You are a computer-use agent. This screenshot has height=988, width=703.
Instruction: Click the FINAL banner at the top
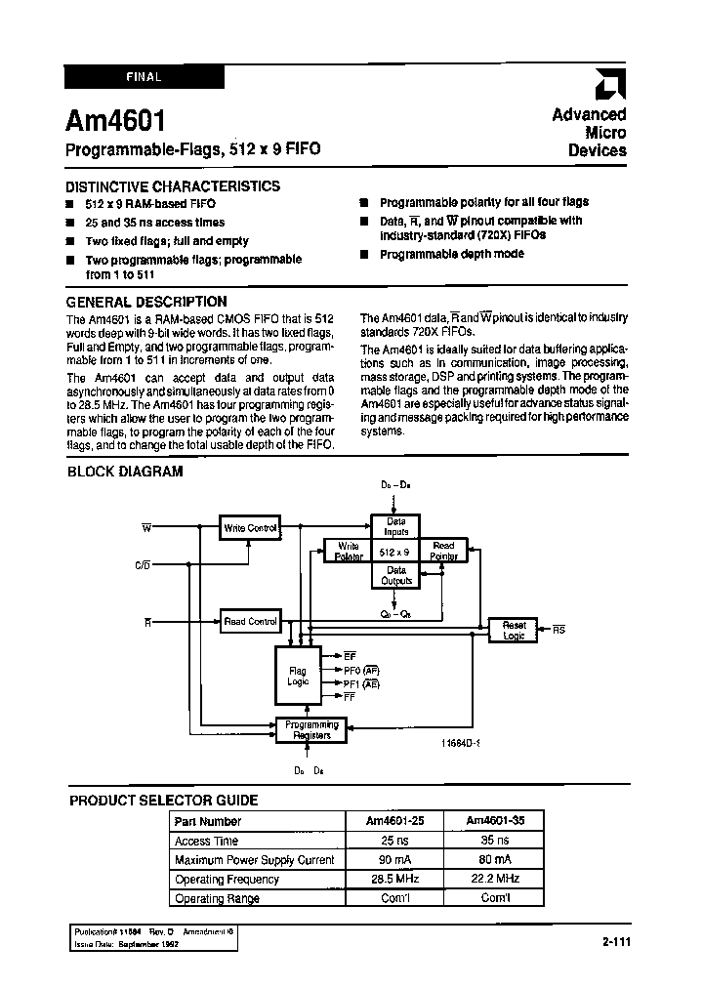click(x=145, y=76)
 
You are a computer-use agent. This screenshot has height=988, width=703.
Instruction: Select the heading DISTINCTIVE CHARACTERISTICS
click(x=173, y=185)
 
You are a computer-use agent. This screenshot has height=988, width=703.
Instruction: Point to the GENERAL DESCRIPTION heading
click(x=146, y=302)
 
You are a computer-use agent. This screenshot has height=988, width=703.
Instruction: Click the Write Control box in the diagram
click(x=251, y=528)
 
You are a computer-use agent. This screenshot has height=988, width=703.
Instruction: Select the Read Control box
click(x=250, y=621)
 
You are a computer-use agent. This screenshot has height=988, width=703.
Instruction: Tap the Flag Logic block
click(x=298, y=677)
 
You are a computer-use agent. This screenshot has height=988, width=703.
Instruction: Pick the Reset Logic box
click(x=514, y=630)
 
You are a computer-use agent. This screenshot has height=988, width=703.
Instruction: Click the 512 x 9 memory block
click(x=395, y=553)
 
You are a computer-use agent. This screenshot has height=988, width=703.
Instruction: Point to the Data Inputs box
click(x=395, y=528)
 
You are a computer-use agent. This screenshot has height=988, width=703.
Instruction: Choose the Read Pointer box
click(x=443, y=551)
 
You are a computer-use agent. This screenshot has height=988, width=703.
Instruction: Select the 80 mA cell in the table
click(x=497, y=860)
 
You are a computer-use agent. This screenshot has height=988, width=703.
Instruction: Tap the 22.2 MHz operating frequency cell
click(x=497, y=879)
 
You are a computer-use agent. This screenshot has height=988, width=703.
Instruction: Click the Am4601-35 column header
click(x=497, y=821)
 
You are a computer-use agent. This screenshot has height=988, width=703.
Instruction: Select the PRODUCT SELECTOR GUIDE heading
click(x=163, y=800)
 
